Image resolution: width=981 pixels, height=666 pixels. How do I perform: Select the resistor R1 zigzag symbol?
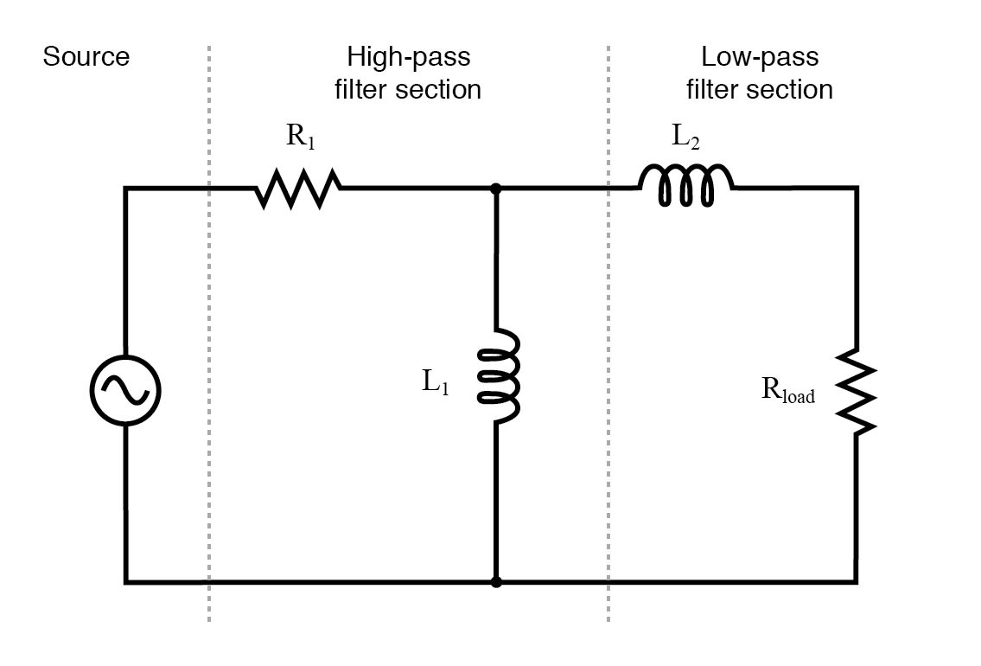(x=298, y=189)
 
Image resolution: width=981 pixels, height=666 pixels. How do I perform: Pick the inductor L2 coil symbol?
(x=685, y=187)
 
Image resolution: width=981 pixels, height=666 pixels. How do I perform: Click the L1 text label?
(x=436, y=382)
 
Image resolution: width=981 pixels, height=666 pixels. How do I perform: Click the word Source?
(x=86, y=57)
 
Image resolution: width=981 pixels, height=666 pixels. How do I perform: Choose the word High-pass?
(x=409, y=58)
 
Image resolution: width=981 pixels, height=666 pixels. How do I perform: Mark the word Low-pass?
(x=760, y=58)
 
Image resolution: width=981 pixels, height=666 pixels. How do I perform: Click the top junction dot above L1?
(x=496, y=188)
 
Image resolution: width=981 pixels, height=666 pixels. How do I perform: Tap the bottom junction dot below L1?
(x=496, y=582)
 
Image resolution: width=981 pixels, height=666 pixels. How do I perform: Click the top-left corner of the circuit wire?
(x=126, y=189)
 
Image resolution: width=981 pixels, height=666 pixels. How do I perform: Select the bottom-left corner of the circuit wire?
(x=126, y=582)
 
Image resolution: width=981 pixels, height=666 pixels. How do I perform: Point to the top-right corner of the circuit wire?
(x=857, y=188)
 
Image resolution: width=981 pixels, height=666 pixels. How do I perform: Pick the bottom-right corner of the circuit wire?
(x=857, y=582)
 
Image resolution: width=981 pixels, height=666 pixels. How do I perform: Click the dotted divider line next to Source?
(x=209, y=346)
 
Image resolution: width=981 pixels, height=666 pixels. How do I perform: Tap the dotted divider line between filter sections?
(x=608, y=346)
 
